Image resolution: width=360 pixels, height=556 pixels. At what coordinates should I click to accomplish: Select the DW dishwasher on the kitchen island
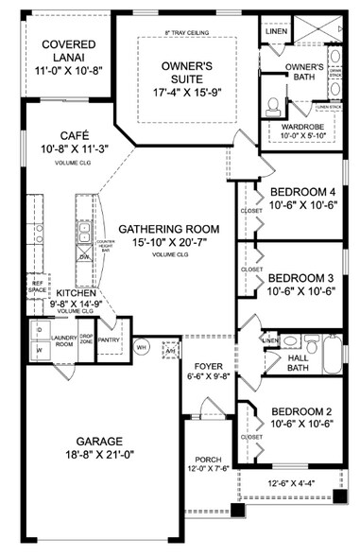point(84,256)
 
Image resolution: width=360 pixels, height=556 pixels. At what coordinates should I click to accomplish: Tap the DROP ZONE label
point(86,338)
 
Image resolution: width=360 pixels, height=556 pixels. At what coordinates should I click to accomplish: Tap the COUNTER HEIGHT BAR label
point(106,248)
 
